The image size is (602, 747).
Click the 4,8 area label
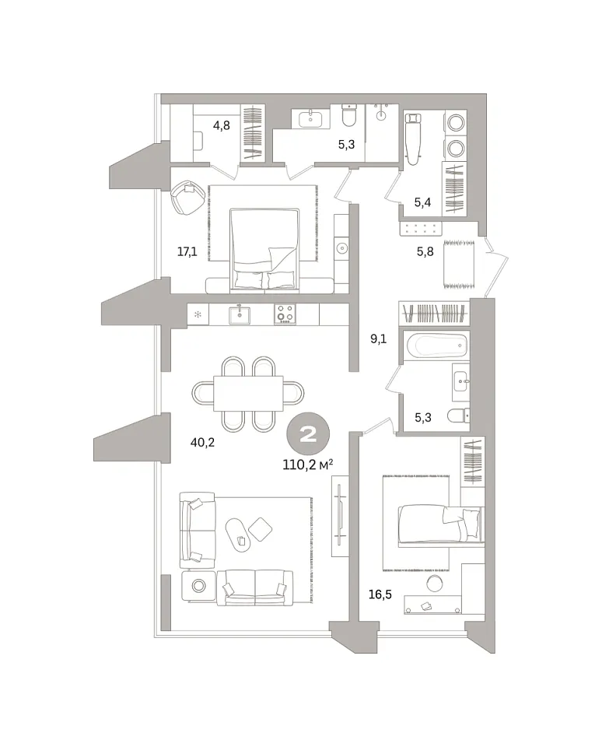(222, 126)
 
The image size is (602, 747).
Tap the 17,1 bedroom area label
(187, 251)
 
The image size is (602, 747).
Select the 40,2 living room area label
(202, 443)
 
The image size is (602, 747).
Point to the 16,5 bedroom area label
(380, 594)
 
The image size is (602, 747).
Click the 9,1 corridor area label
(379, 339)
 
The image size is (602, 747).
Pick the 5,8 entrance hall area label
(425, 251)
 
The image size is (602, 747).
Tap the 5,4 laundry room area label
(422, 202)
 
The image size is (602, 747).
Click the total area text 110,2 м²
(308, 465)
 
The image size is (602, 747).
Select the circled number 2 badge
(308, 434)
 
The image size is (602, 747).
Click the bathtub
(436, 345)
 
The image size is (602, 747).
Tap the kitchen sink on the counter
(240, 315)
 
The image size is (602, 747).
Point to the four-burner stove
(285, 314)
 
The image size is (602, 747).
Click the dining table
(248, 393)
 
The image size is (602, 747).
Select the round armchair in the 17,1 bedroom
(187, 197)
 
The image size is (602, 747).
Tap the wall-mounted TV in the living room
(339, 514)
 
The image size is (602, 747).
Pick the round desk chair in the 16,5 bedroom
(434, 584)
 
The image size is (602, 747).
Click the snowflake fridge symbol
(198, 314)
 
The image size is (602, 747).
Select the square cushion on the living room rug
(261, 529)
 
